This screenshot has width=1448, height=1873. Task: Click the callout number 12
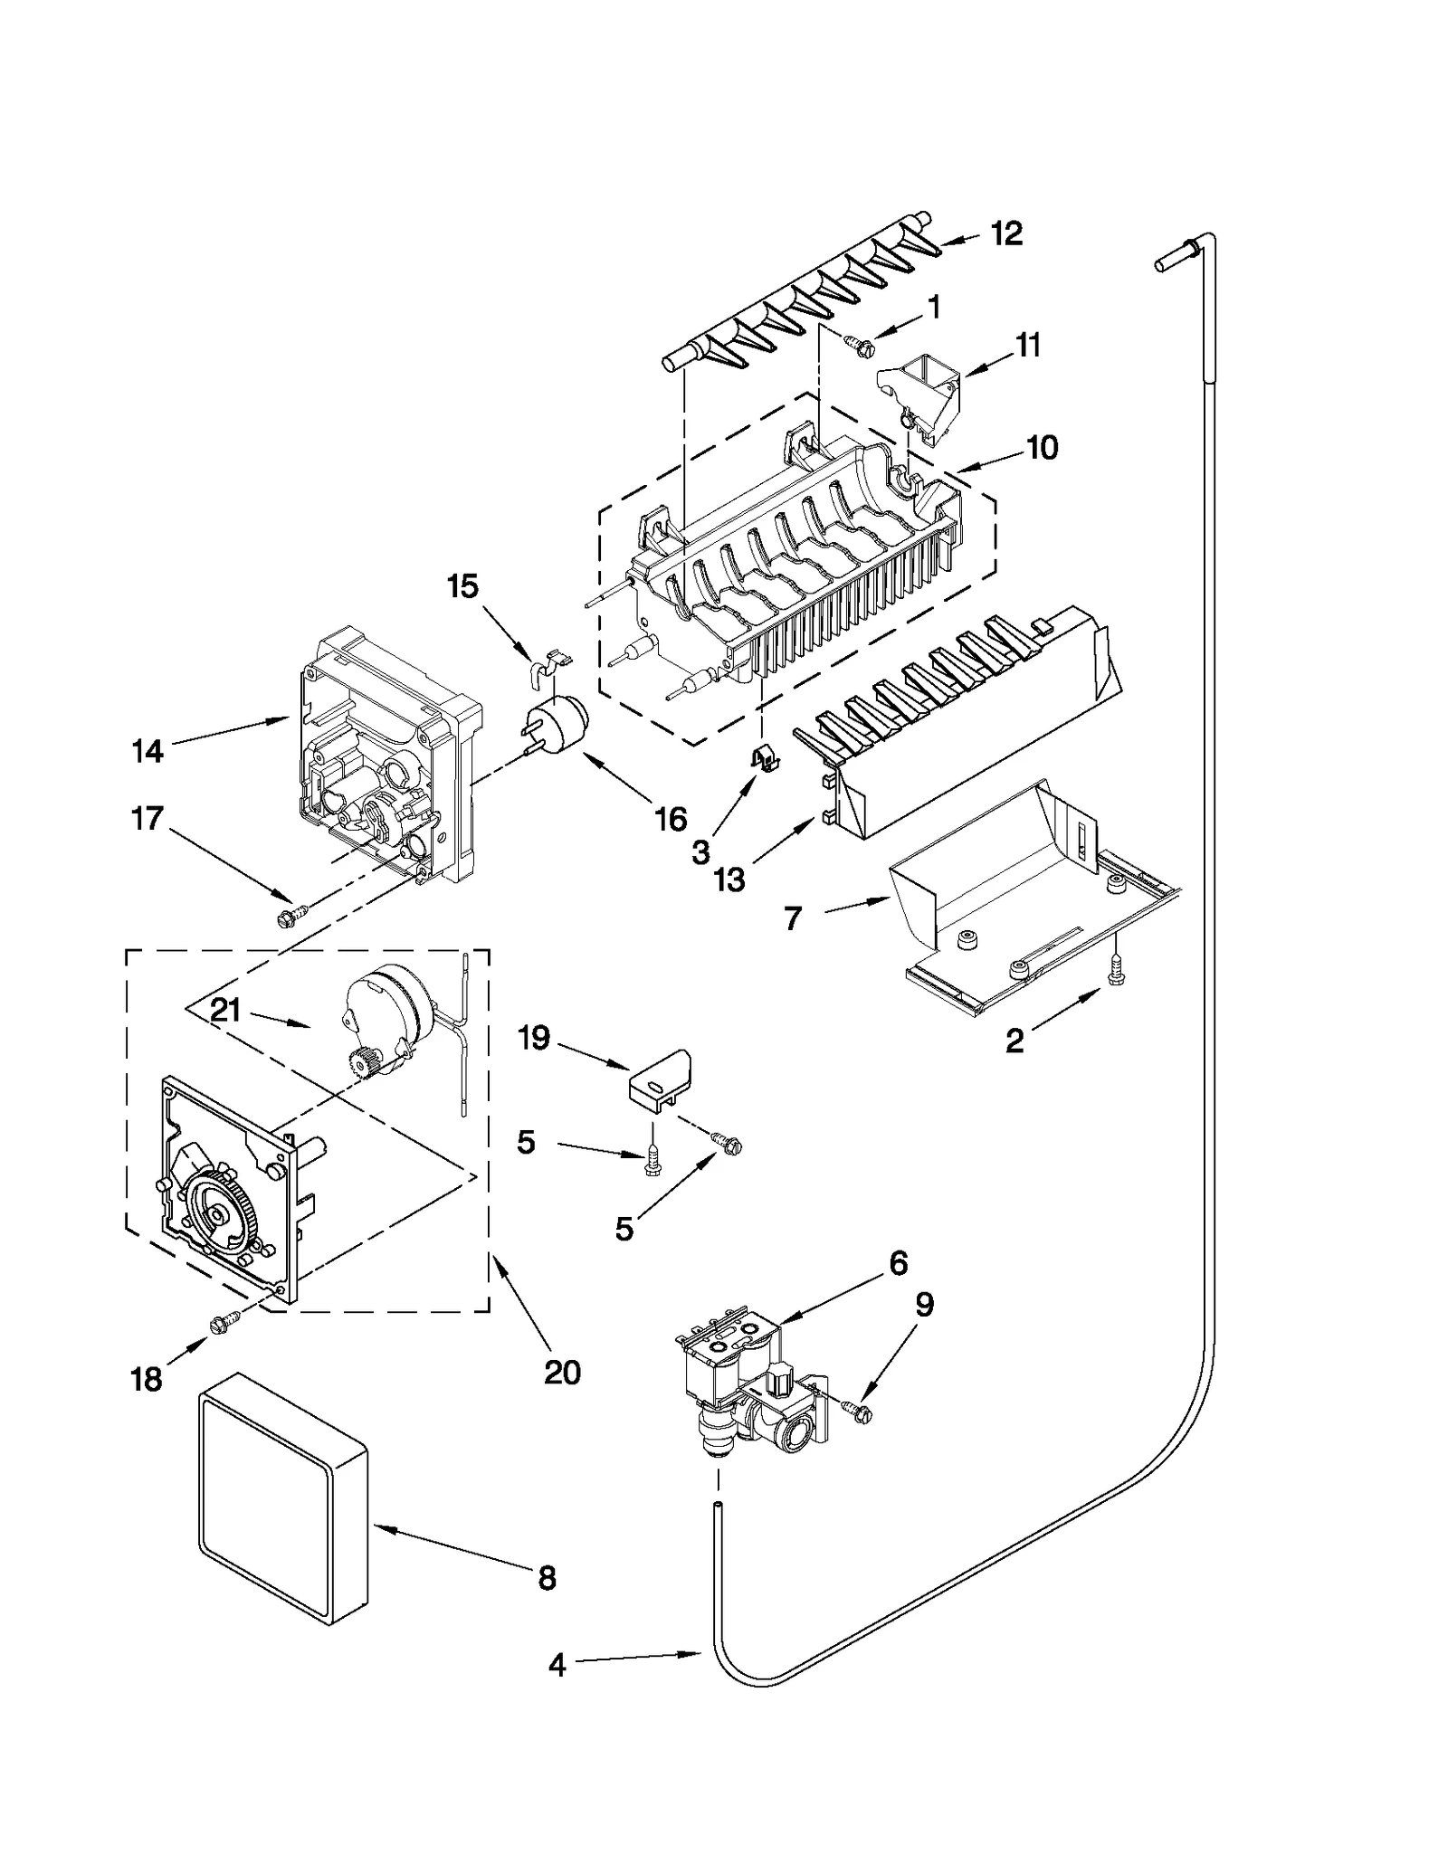pos(1005,233)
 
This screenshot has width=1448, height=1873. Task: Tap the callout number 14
pos(148,750)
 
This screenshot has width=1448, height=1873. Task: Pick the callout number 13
pos(729,878)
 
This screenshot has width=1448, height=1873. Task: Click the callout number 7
pos(793,918)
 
